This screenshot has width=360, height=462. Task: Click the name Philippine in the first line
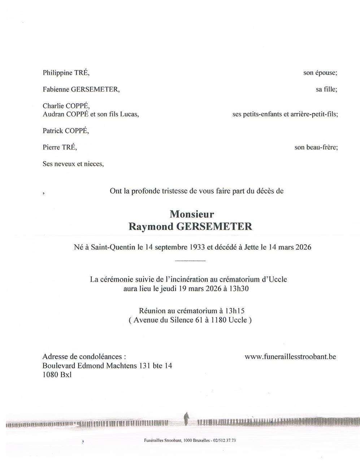point(57,73)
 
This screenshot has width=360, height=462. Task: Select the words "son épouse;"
point(320,73)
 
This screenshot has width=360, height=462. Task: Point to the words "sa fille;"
point(326,89)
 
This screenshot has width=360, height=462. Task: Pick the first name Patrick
point(53,131)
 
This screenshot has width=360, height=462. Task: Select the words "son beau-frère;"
point(316,147)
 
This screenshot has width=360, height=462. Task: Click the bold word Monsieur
point(192,214)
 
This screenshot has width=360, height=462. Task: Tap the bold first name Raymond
point(147,226)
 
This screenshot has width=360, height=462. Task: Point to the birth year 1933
point(198,247)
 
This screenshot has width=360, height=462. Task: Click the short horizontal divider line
point(190,261)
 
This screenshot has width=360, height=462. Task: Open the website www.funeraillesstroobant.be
point(290,357)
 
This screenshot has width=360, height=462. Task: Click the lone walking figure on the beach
point(186,419)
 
